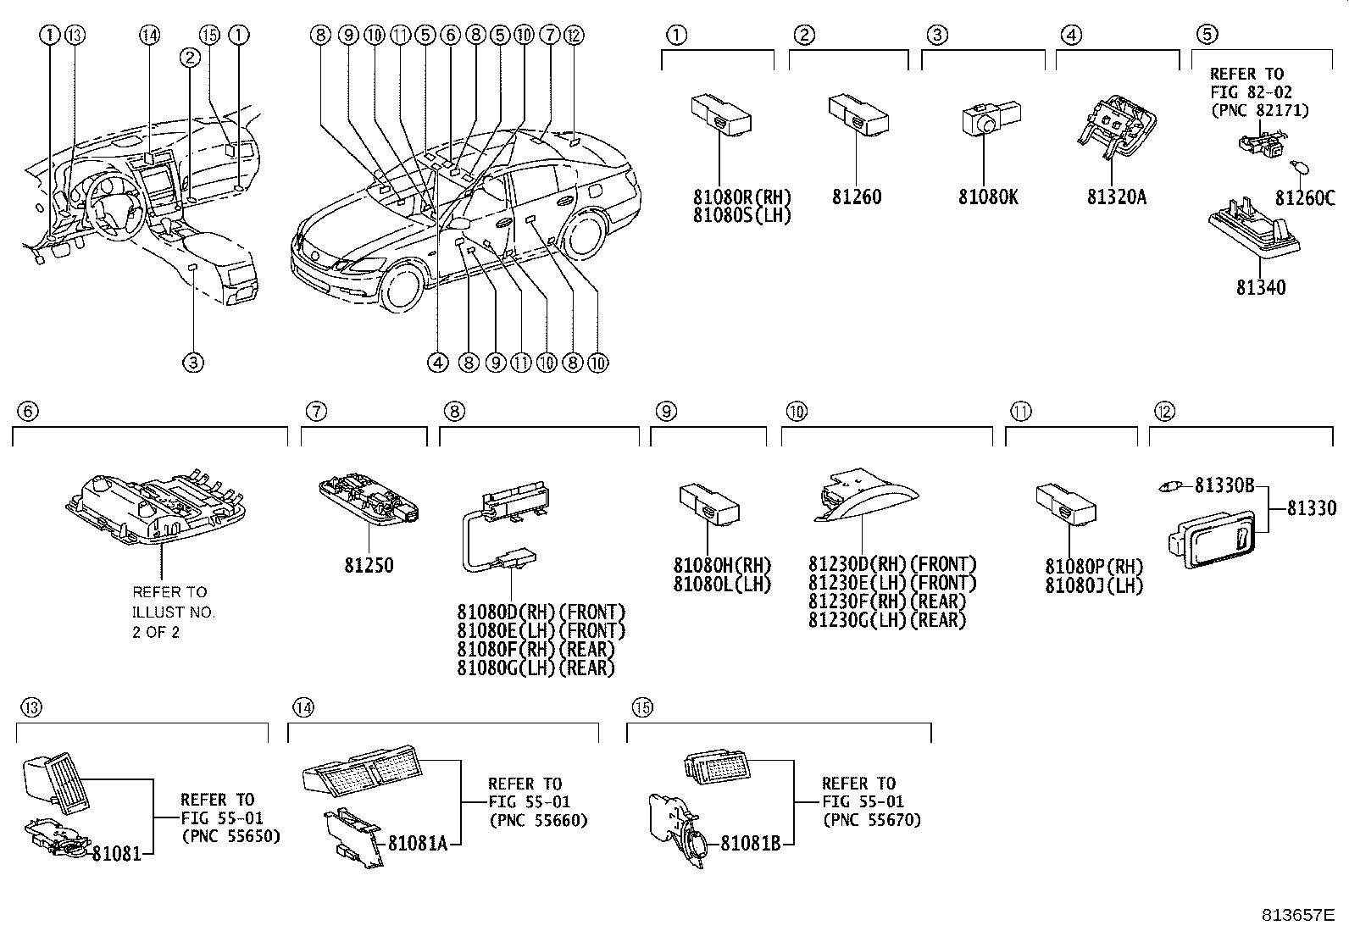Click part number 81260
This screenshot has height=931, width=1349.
coord(856,197)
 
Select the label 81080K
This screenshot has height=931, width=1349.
coord(988,197)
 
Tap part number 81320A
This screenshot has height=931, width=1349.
coord(1117,197)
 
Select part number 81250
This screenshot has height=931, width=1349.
coord(369,565)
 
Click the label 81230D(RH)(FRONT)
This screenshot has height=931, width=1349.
coord(892,564)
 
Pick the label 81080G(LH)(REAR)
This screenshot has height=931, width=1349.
coord(536,668)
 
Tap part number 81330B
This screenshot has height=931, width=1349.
coord(1224,485)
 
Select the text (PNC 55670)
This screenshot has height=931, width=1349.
coord(871,819)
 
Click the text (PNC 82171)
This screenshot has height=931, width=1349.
coord(1259,110)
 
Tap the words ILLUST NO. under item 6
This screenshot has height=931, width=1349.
coord(174,612)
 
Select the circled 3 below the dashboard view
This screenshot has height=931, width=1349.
coord(193,363)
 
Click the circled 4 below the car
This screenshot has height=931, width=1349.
coord(437,363)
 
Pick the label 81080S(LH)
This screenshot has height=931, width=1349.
coord(741,214)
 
